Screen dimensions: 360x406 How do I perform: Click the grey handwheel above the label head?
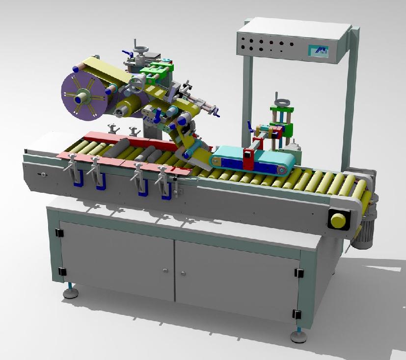point(141,51)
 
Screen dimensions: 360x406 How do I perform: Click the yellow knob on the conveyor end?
point(338,220)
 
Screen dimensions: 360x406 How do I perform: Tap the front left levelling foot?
point(72,293)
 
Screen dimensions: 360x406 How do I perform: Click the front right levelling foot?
point(298,337)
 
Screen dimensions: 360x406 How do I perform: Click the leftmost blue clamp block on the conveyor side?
point(77,179)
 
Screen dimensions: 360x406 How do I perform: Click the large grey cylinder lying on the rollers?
point(116,148)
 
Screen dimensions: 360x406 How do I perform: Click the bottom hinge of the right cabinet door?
point(296,314)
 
